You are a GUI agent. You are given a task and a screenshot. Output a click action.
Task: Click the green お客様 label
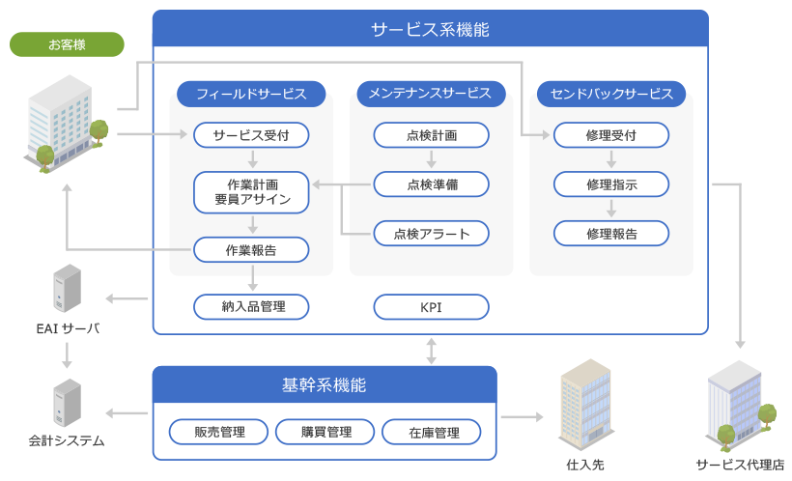(x=67, y=44)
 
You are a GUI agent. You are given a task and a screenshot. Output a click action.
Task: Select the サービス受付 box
(x=251, y=134)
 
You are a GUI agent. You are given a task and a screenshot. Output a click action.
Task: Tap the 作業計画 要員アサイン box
(x=251, y=191)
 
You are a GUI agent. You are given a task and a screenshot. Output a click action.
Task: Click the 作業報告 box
(x=251, y=250)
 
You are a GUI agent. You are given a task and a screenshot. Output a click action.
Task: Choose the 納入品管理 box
(x=251, y=307)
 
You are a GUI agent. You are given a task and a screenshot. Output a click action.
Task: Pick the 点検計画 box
(x=432, y=134)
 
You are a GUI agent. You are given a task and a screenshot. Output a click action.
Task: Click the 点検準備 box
(x=432, y=183)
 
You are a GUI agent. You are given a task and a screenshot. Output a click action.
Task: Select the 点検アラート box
(x=432, y=233)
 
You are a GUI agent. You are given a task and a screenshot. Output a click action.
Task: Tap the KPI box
(x=432, y=307)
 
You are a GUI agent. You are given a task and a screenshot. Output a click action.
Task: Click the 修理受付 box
(x=611, y=134)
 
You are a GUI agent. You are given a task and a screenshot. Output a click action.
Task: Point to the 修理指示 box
(x=611, y=183)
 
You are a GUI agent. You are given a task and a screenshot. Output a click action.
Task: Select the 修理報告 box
(x=611, y=233)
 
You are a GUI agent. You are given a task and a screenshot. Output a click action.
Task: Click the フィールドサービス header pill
(x=251, y=94)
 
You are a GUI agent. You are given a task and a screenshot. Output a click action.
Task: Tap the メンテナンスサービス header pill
(x=432, y=94)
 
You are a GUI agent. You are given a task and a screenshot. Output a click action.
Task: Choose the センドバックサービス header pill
(x=611, y=94)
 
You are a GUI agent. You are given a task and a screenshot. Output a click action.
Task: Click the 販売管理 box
(x=219, y=432)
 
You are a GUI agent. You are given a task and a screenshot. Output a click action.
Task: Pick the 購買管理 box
(x=325, y=432)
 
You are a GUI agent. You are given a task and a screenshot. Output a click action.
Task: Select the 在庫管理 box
(x=433, y=432)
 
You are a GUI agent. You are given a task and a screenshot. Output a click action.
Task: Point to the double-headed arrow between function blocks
(x=432, y=351)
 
